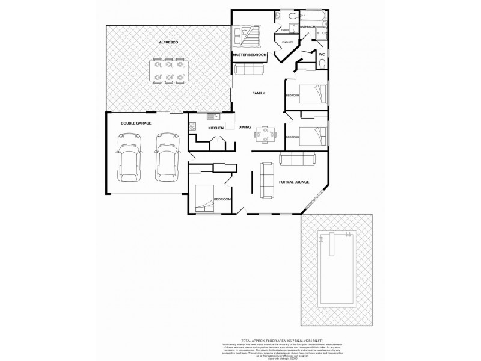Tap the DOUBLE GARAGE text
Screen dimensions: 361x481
(x=136, y=123)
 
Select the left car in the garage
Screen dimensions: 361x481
(x=129, y=158)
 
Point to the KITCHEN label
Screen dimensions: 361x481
(x=216, y=128)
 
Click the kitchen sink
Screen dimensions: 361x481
(x=211, y=116)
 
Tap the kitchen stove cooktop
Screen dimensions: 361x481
(x=192, y=128)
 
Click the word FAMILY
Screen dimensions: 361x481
(x=259, y=94)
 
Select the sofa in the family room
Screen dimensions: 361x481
(x=248, y=71)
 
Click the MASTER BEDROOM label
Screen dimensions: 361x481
(x=250, y=55)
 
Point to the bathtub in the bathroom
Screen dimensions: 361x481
(x=311, y=16)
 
